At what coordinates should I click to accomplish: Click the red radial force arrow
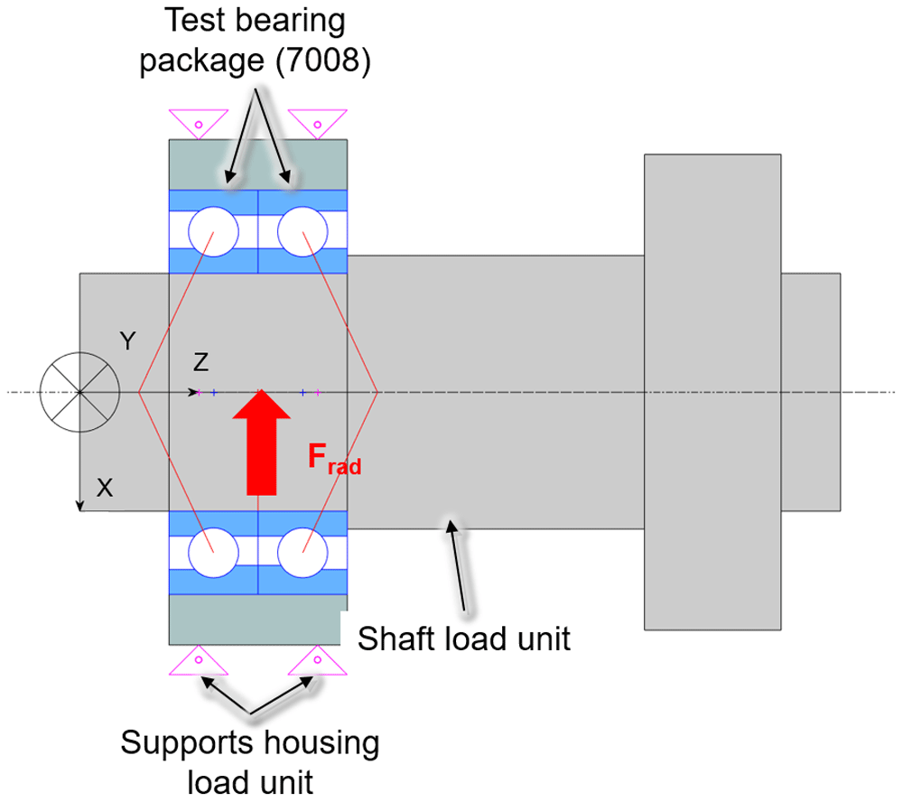[262, 442]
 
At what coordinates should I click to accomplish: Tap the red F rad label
[335, 459]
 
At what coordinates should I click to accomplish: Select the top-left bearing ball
[213, 231]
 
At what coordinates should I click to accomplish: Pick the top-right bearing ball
[303, 231]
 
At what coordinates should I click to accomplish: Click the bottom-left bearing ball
[213, 553]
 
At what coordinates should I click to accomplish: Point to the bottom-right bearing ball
[303, 553]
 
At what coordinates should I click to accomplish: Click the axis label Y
[128, 341]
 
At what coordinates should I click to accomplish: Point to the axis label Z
[200, 362]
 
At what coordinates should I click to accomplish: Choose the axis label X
[104, 488]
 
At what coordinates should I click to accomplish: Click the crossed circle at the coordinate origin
[80, 392]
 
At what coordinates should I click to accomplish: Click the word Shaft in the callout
[396, 639]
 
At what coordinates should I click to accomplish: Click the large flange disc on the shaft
[712, 392]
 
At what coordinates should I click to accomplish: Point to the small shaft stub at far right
[811, 392]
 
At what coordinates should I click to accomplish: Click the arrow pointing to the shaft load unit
[457, 565]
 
